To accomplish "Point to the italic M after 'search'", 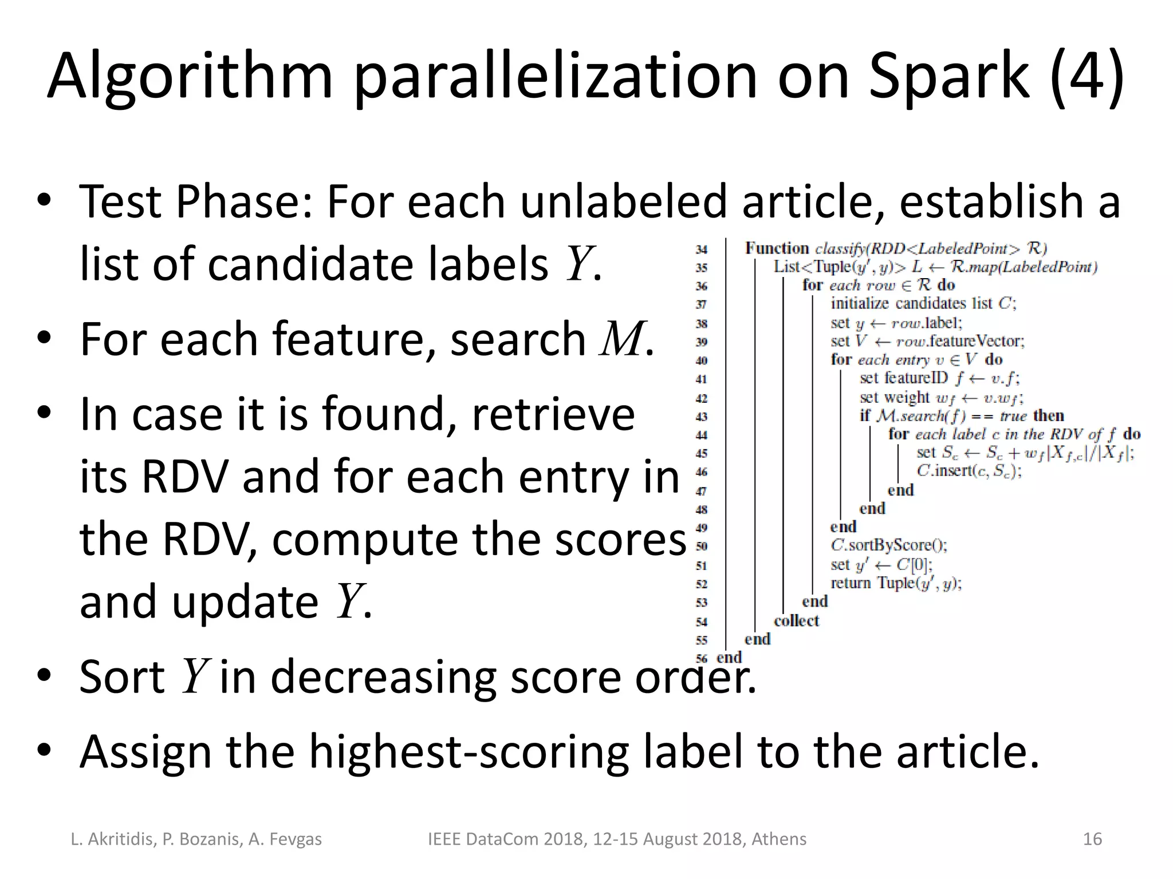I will pos(621,339).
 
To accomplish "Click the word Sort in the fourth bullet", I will pos(122,676).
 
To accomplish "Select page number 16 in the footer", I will pos(1092,839).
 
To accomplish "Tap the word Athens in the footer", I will pos(778,839).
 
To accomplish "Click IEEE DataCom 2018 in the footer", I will pos(507,839).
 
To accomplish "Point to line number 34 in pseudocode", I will pos(702,250).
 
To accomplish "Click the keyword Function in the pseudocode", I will pos(777,248).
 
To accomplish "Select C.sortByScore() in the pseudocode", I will pos(889,545).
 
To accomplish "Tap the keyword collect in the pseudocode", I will pos(796,621).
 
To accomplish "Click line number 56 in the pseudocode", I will pos(702,658).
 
